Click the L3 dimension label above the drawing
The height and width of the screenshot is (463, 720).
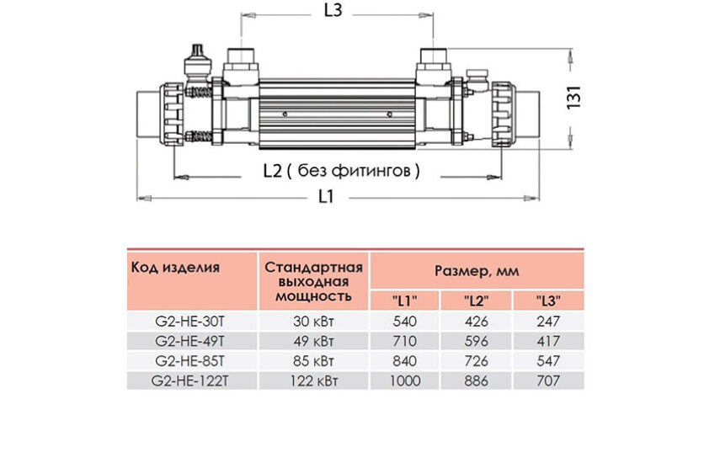coord(333,10)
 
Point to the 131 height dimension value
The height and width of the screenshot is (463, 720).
coord(574,97)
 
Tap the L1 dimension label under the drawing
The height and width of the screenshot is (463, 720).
coord(326,196)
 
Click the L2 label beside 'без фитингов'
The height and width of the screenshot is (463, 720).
coord(272,171)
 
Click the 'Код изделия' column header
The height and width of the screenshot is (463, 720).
coord(175,267)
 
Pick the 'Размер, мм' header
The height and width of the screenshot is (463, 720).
coord(477,271)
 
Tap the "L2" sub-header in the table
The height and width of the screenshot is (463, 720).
coord(476,301)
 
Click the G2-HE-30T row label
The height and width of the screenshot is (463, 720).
coord(189,322)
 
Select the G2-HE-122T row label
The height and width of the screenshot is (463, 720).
coord(189,381)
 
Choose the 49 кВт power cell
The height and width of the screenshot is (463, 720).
coord(313,342)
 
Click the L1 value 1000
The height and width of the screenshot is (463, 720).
coord(405,381)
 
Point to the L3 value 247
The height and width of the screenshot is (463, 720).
coord(548,322)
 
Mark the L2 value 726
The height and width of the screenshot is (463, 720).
coord(476,361)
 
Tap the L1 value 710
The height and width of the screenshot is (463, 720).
coord(405,342)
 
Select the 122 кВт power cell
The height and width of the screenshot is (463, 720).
coord(313,381)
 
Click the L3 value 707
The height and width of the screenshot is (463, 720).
coord(548,381)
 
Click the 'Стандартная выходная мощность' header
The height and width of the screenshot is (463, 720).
coord(313,282)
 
